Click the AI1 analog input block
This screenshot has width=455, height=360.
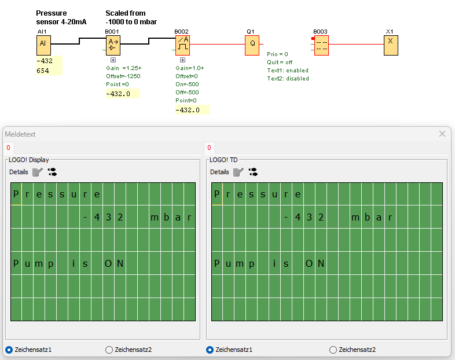(43, 45)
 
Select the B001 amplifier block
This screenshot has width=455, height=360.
(113, 45)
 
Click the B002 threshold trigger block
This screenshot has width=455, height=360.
(182, 45)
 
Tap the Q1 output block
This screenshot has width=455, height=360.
(252, 45)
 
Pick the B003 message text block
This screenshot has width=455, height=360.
(321, 45)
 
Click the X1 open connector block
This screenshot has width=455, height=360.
(391, 45)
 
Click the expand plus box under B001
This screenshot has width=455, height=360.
(113, 60)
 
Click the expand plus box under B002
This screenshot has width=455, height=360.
(182, 60)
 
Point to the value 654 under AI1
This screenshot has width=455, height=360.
(43, 71)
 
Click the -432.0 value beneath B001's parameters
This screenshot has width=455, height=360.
(118, 93)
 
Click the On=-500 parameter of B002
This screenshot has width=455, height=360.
(187, 84)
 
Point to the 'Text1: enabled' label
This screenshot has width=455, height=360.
(288, 70)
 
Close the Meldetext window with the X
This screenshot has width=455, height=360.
(442, 134)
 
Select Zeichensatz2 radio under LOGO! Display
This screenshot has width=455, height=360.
(109, 350)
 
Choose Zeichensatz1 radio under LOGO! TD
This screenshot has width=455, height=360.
(210, 350)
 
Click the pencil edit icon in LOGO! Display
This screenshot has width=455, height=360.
(38, 172)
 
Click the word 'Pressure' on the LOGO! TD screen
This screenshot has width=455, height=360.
(258, 194)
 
